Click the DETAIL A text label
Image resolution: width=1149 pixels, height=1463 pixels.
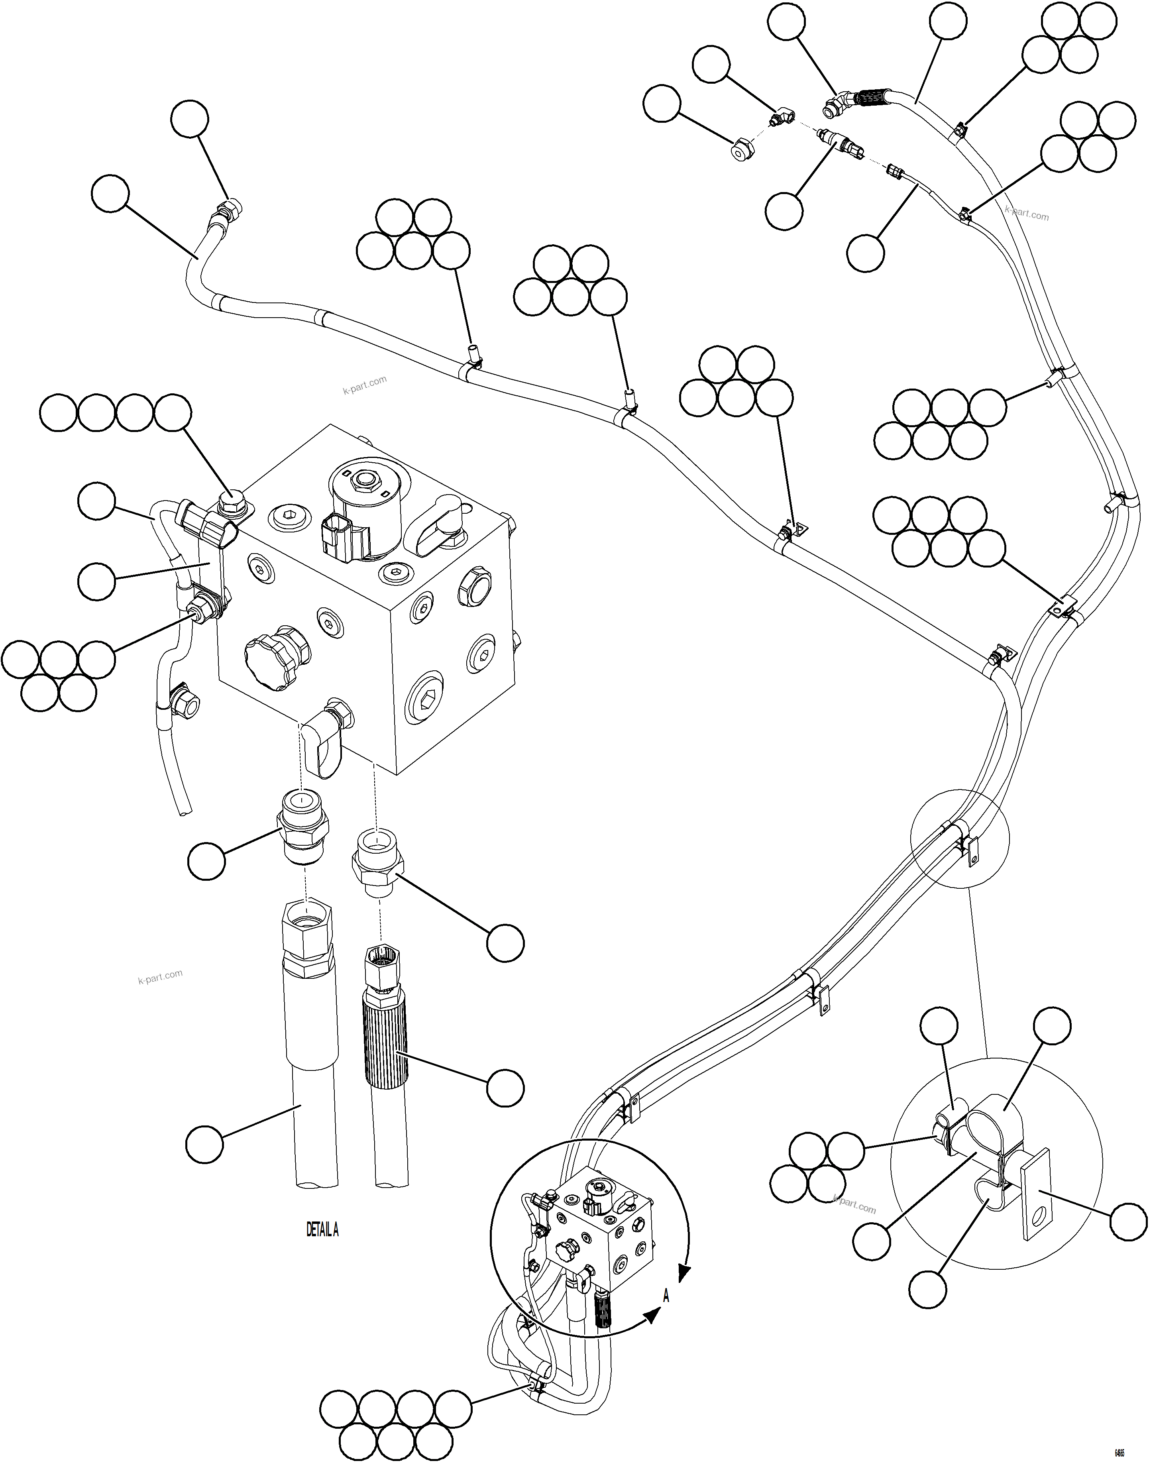(322, 1229)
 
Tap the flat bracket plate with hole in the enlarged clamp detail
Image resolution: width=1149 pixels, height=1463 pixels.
(1035, 1193)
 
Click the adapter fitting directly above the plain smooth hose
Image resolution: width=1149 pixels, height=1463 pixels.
(303, 827)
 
